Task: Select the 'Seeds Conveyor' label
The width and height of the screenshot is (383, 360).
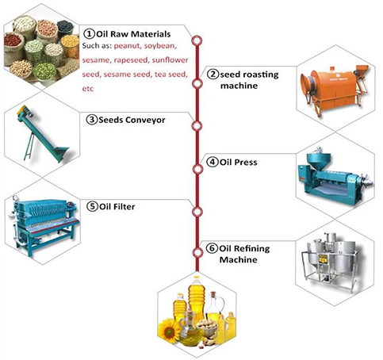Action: pos(127,120)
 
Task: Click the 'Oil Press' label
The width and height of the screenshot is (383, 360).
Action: pos(236,163)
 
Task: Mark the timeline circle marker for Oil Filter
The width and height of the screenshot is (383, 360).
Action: pos(199,209)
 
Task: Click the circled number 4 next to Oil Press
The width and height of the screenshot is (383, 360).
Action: pos(213,163)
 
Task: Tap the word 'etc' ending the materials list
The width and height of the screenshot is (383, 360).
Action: pos(87,90)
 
